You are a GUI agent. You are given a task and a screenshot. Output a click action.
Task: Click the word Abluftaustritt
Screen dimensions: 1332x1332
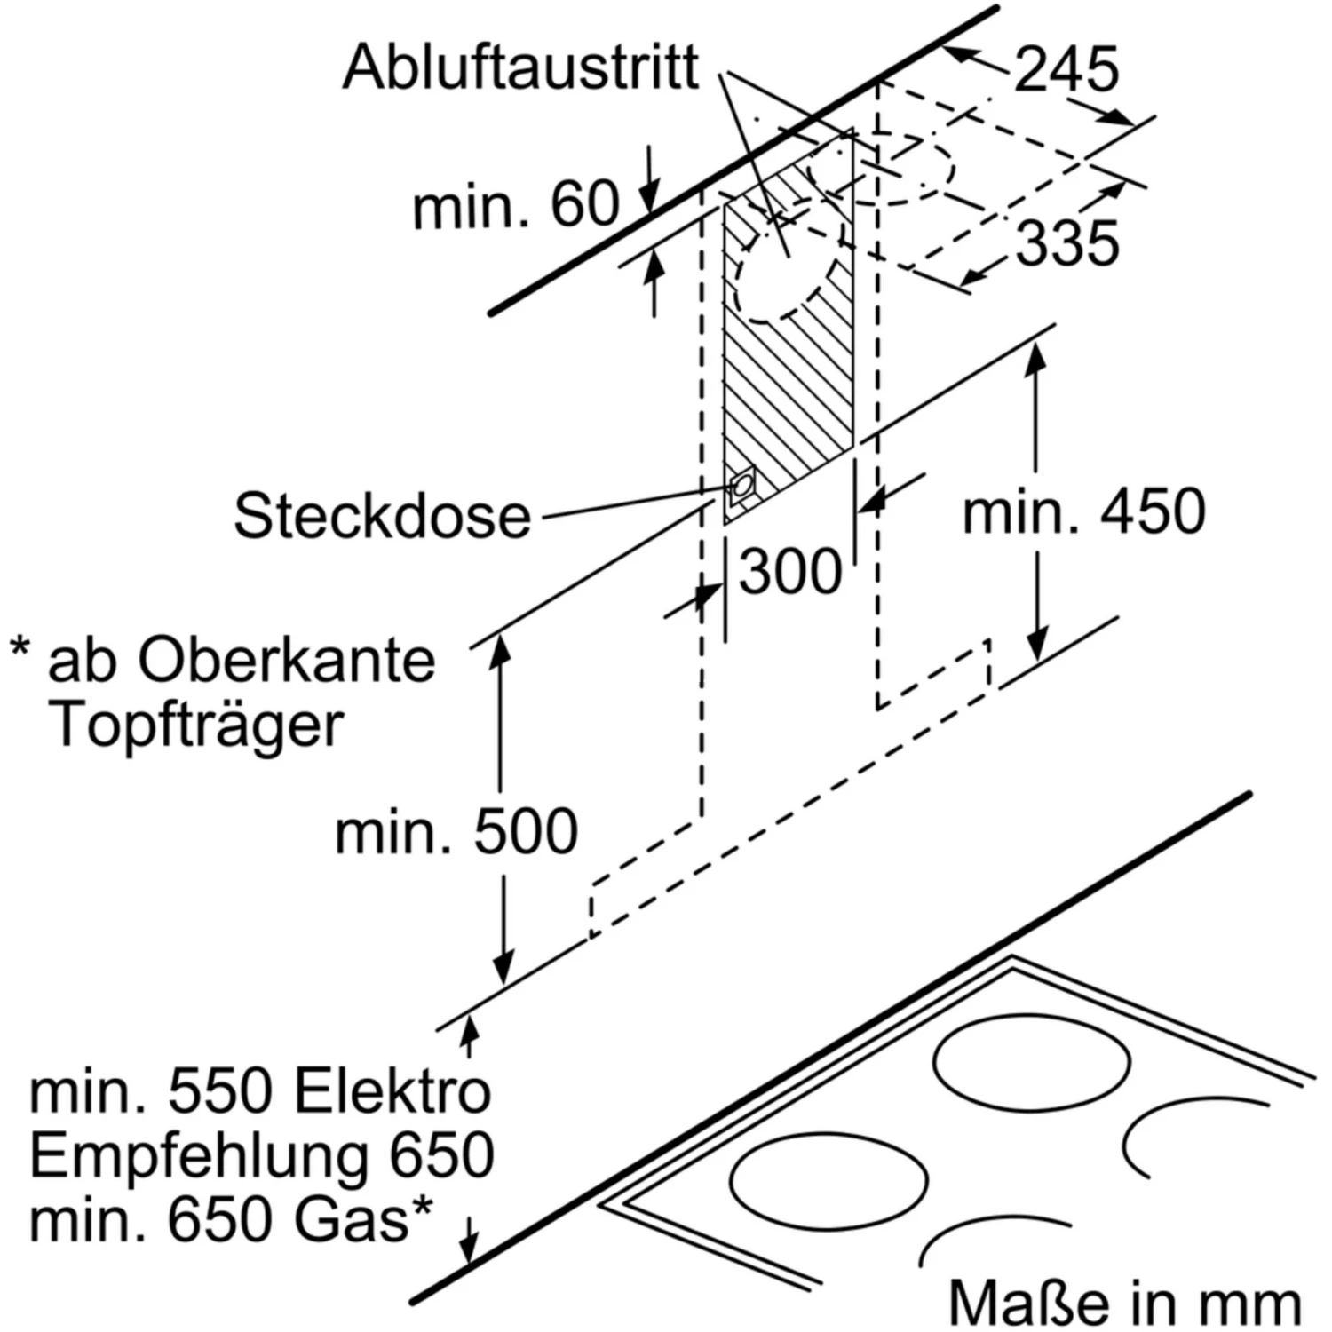click(x=520, y=67)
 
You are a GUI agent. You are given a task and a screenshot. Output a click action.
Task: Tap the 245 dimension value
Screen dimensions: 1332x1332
click(x=1066, y=69)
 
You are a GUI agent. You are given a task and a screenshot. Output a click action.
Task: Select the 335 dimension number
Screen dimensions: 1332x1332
click(x=1066, y=243)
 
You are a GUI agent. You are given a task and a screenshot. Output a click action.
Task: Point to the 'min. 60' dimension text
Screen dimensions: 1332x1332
click(x=515, y=206)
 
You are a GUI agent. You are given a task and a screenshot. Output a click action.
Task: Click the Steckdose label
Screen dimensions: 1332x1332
click(x=382, y=516)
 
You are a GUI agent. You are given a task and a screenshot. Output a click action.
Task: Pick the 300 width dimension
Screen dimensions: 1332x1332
click(x=790, y=571)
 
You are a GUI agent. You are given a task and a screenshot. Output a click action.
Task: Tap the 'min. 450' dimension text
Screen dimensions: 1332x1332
click(x=1084, y=512)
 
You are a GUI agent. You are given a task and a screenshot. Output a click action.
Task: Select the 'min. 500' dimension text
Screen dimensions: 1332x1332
click(x=456, y=833)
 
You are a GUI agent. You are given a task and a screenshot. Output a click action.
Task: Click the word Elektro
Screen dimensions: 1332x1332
click(x=392, y=1091)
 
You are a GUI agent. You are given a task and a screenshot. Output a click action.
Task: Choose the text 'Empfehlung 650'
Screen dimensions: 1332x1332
click(x=262, y=1155)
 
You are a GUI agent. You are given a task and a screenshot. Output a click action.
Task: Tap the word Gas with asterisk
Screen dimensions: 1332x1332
click(x=364, y=1219)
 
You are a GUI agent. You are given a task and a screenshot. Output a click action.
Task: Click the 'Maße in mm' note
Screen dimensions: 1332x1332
click(x=1124, y=1303)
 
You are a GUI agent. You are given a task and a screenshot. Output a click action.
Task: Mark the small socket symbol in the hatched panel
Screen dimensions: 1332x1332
click(x=740, y=487)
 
